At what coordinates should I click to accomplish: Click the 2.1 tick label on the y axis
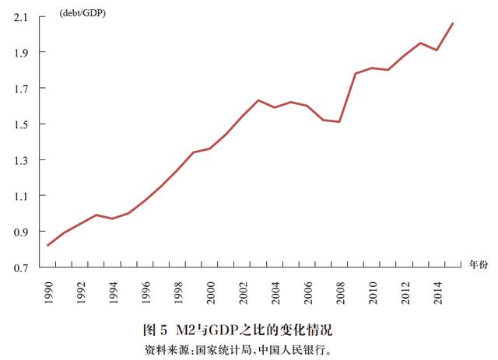(21, 16)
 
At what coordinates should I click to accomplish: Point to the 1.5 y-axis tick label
(21, 124)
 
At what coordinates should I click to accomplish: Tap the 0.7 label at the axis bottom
(21, 268)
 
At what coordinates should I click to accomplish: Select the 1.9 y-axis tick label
(21, 52)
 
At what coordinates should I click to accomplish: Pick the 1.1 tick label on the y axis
(21, 196)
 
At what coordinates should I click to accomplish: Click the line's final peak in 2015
(453, 23)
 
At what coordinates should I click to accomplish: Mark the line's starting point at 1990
(47, 246)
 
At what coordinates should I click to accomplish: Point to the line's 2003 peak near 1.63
(258, 100)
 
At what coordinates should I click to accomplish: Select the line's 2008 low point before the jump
(340, 121)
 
